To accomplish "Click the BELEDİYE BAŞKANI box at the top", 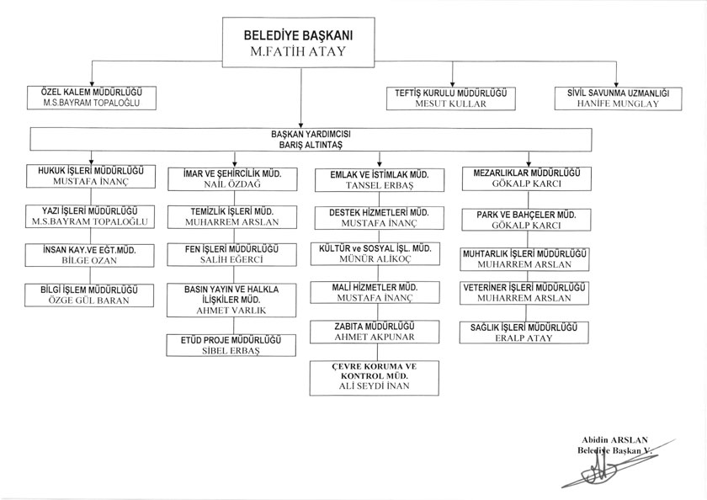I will (x=297, y=44).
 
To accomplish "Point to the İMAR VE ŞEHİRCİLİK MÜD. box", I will (x=233, y=177).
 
